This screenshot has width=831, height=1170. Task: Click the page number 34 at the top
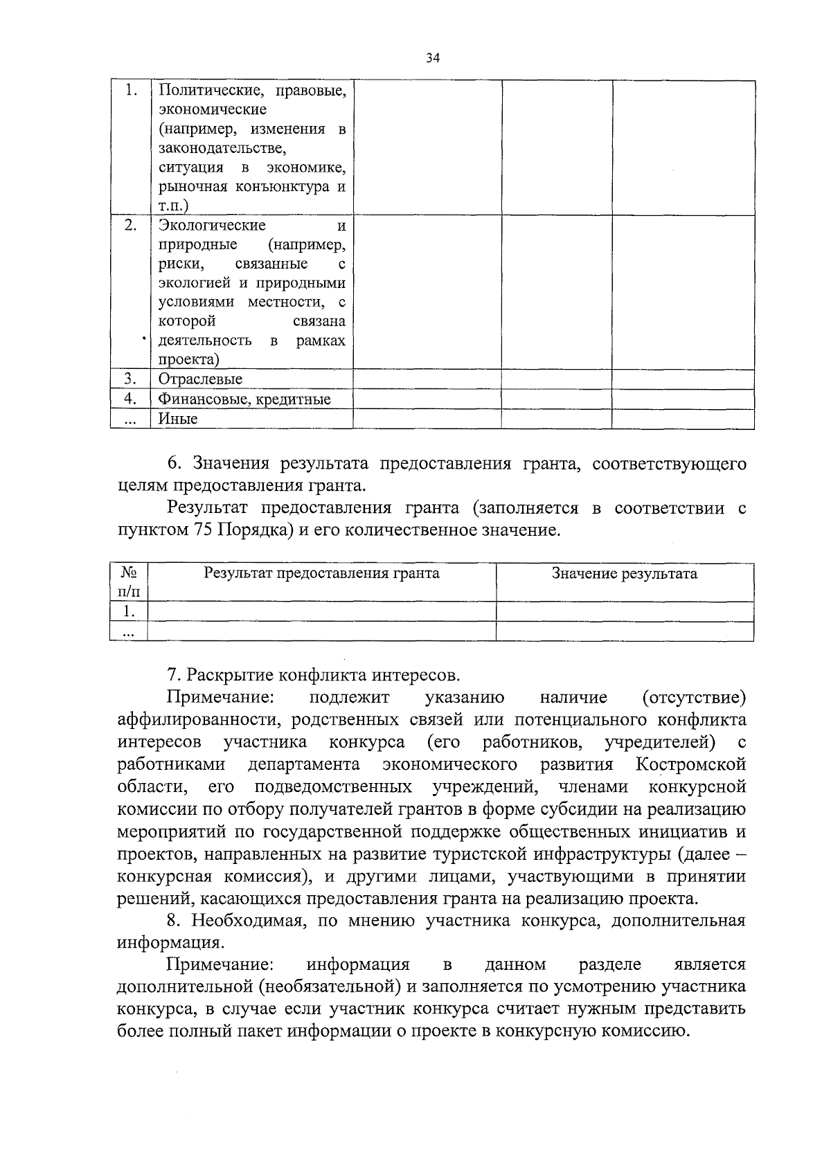point(434,58)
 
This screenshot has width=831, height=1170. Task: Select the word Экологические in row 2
point(212,226)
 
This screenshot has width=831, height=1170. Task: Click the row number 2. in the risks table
point(130,226)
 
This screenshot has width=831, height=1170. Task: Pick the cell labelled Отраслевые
point(200,379)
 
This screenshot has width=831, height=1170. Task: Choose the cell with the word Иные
point(178,419)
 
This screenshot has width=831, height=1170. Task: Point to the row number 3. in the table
point(130,379)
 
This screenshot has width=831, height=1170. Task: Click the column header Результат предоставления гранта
point(321,573)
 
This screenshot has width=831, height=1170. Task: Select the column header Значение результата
point(624,573)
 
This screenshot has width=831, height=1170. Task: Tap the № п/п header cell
point(129,582)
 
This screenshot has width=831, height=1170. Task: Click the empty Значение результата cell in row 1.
point(624,612)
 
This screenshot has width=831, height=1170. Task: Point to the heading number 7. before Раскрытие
point(174,675)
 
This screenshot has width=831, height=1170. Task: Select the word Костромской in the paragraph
point(690,765)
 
